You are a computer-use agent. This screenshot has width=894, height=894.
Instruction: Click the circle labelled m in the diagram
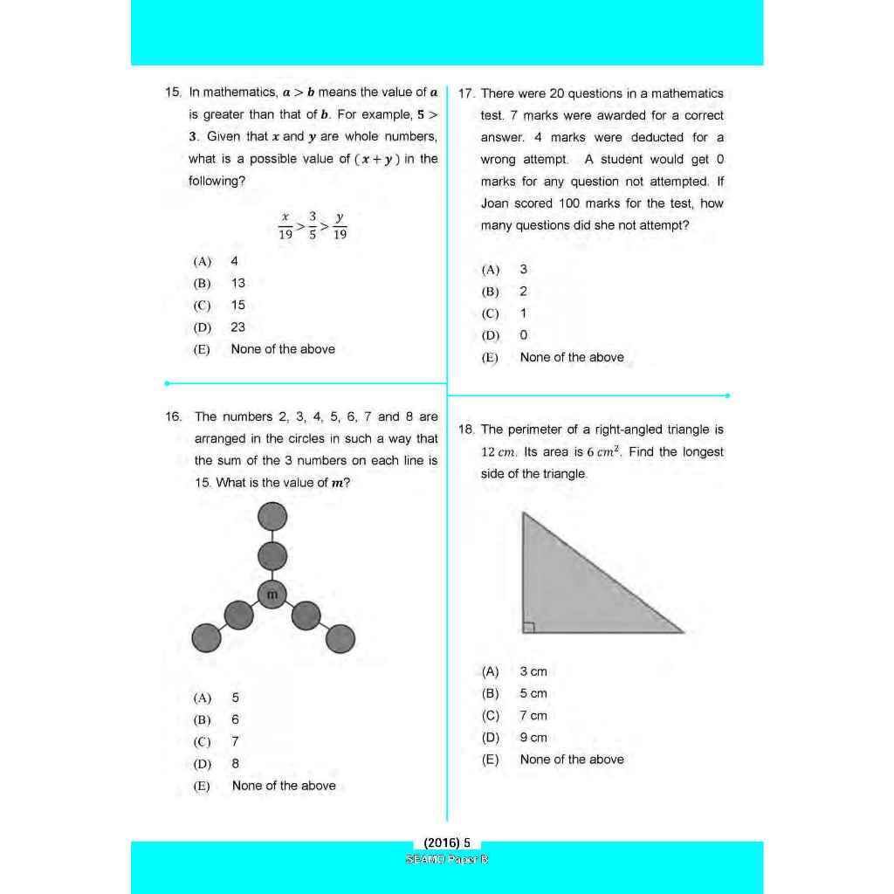[272, 595]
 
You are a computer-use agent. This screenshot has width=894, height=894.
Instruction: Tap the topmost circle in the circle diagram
[272, 516]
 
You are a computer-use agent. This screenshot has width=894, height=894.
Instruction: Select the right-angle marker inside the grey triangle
[528, 626]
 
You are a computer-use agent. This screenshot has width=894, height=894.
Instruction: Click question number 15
[172, 93]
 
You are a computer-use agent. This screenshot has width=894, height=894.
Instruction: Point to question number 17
[465, 94]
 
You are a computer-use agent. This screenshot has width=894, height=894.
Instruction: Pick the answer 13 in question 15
[237, 283]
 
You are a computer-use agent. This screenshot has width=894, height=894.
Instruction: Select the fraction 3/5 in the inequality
[312, 225]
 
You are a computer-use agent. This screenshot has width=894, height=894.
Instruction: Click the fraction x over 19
[285, 225]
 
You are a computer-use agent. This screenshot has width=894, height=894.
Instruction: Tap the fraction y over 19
[340, 225]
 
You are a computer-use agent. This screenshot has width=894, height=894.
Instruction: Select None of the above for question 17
[571, 357]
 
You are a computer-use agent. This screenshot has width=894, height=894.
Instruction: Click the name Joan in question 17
[494, 203]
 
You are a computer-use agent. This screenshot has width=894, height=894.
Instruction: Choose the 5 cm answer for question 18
[533, 693]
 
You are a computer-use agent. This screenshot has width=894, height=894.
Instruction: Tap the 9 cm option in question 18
[533, 738]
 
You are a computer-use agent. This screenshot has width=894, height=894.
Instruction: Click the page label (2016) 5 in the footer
[447, 843]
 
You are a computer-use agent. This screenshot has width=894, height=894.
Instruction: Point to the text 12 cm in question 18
[499, 452]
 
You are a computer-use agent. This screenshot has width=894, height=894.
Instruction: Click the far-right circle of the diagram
[340, 638]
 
